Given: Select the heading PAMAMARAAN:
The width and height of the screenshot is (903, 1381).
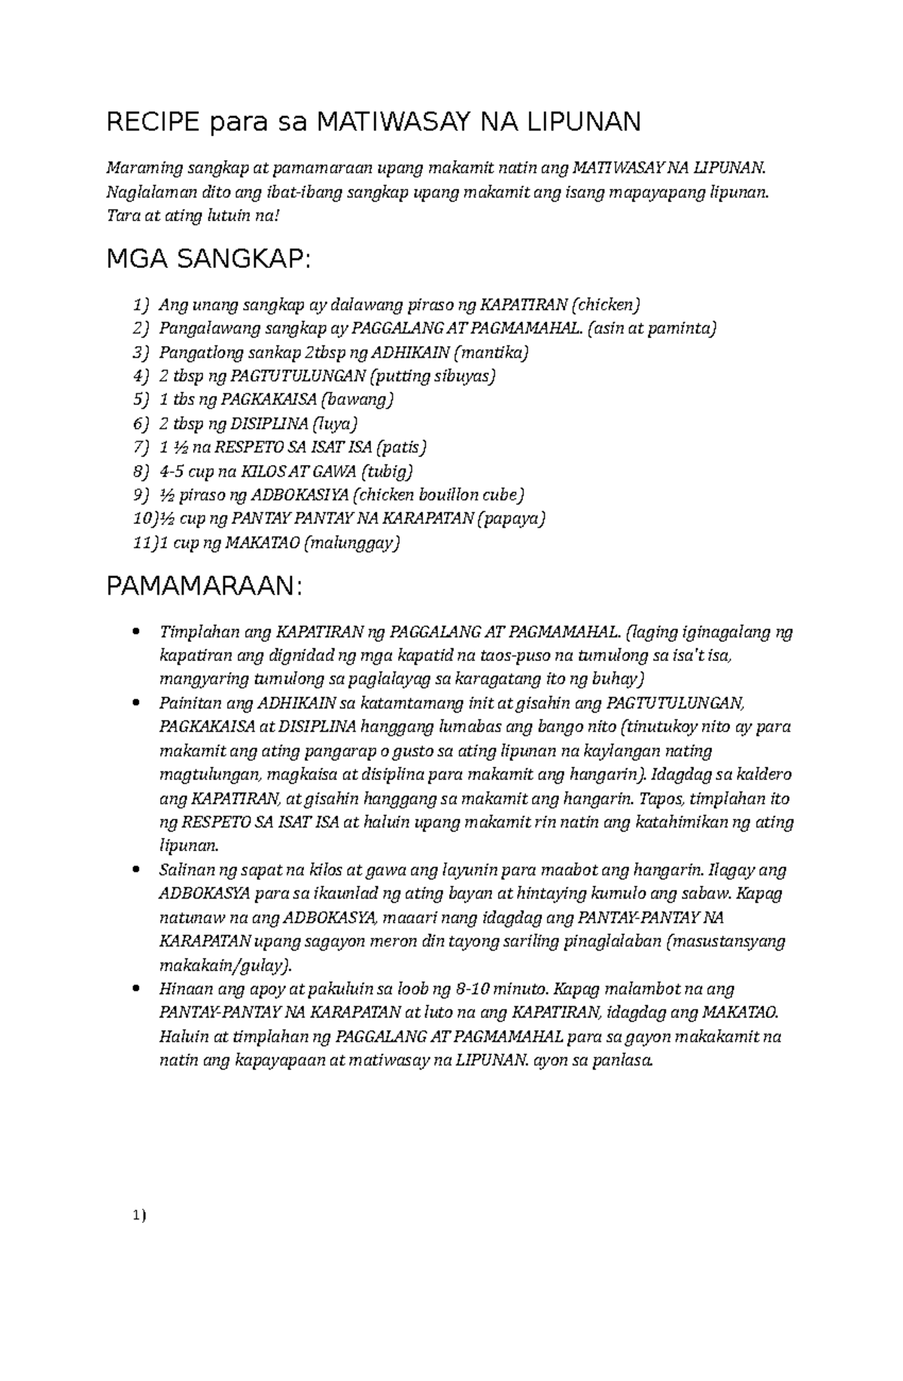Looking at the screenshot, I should (204, 586).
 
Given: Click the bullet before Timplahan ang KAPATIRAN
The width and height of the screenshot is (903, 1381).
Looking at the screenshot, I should (135, 632).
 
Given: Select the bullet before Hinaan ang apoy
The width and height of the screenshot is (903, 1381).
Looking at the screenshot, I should (135, 989).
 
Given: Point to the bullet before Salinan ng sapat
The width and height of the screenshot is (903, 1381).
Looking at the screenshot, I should (135, 870).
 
